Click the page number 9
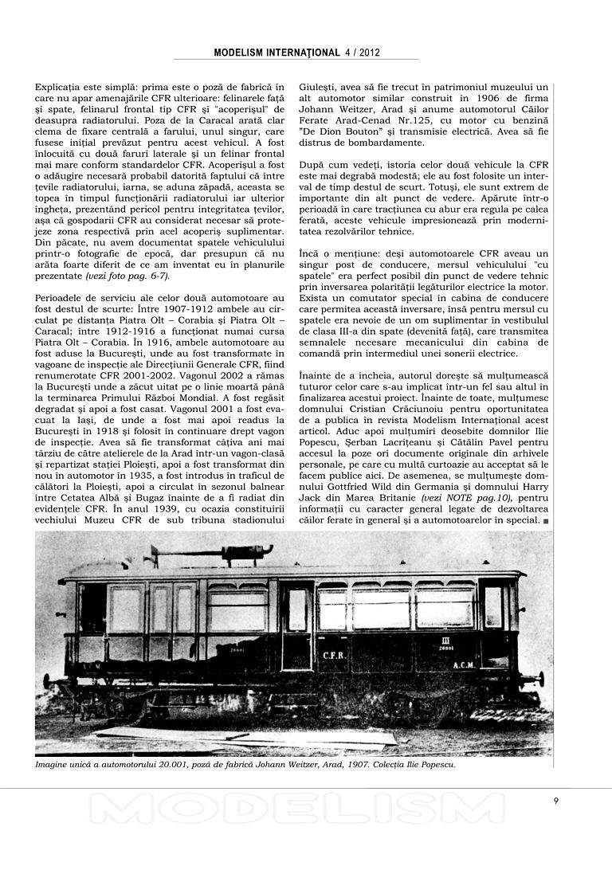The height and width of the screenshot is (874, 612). pyautogui.click(x=555, y=801)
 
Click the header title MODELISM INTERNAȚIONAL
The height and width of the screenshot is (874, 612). pyautogui.click(x=277, y=53)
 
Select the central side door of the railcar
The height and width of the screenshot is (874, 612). pyautogui.click(x=296, y=625)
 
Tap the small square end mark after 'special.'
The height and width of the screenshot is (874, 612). pyautogui.click(x=546, y=522)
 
